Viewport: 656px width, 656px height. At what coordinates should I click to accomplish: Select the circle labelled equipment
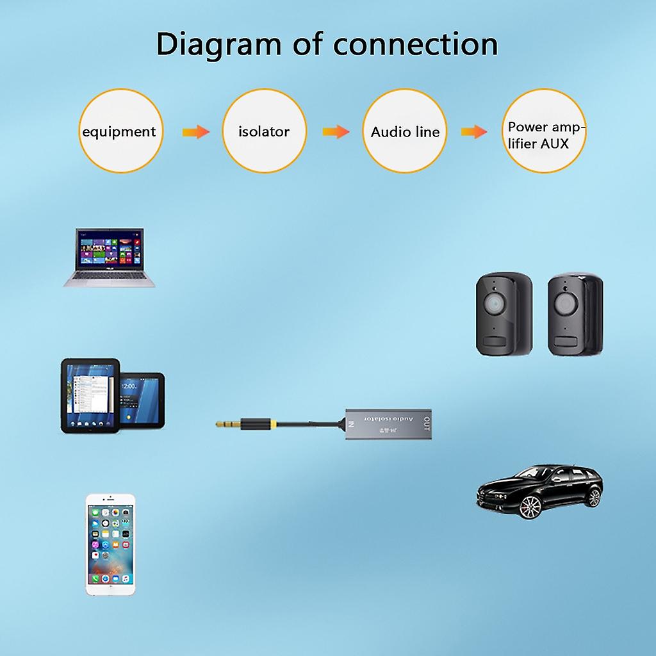(x=120, y=131)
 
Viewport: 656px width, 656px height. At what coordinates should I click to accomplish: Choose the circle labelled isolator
(x=264, y=131)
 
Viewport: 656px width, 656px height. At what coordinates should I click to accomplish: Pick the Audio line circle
(x=405, y=131)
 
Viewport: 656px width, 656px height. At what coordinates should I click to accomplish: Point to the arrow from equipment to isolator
(x=195, y=132)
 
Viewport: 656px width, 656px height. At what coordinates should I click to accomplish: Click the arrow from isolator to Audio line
(x=336, y=132)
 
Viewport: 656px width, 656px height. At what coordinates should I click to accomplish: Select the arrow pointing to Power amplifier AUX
(x=474, y=132)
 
